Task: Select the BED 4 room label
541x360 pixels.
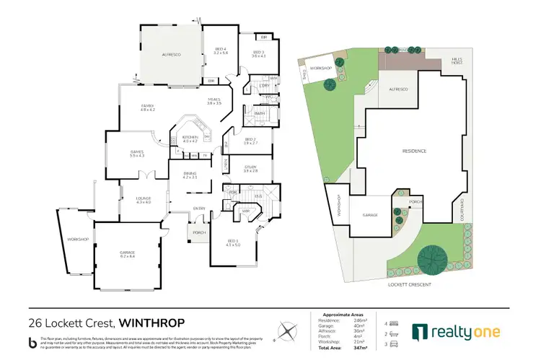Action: click(220, 51)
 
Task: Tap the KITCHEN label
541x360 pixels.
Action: click(190, 139)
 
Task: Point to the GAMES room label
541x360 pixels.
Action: click(137, 153)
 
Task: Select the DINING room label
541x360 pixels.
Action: click(189, 175)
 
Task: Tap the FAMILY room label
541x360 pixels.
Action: click(147, 107)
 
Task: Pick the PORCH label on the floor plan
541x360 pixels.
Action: click(197, 232)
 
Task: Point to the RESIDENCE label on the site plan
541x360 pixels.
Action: click(415, 151)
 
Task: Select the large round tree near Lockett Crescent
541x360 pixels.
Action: click(432, 258)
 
